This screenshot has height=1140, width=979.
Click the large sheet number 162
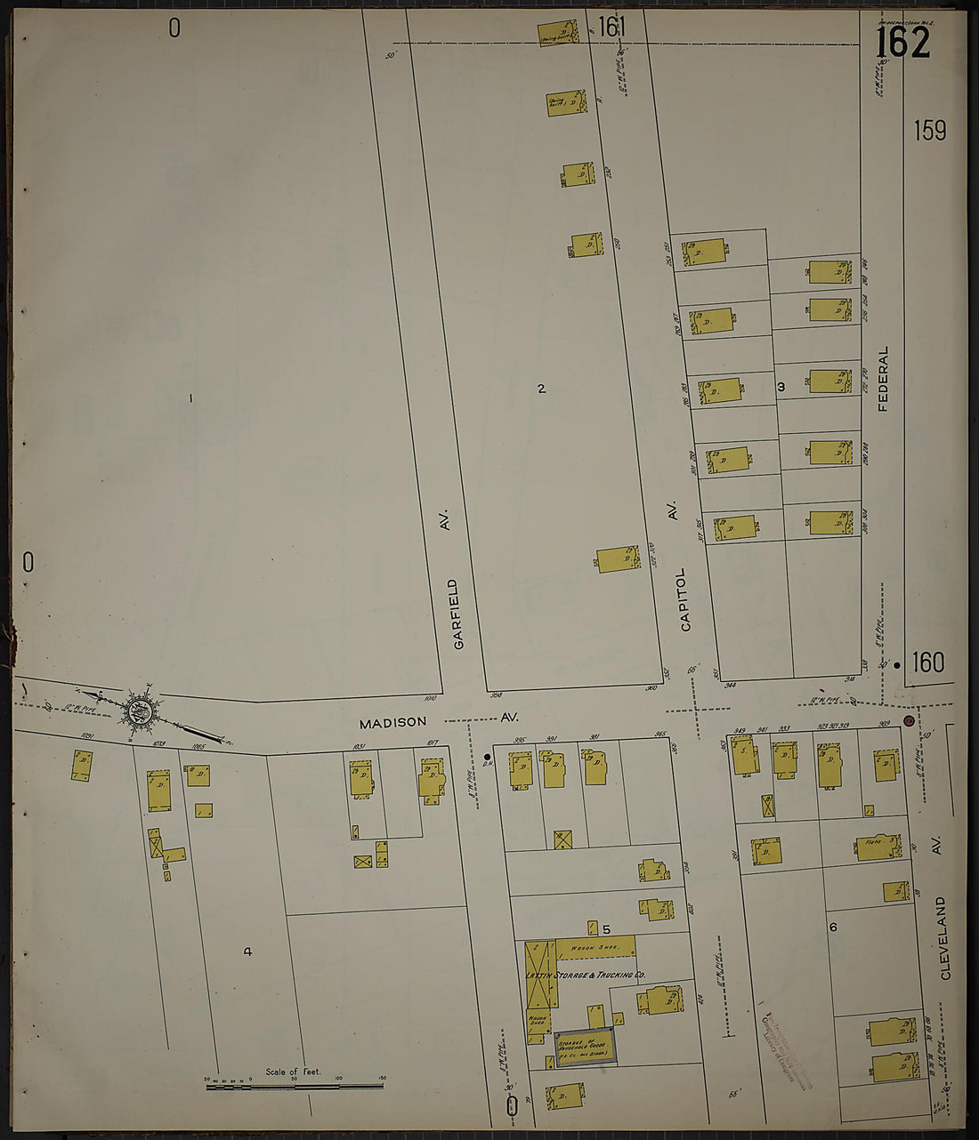point(902,43)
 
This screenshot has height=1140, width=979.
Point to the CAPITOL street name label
point(684,599)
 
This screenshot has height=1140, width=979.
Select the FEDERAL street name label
point(884,379)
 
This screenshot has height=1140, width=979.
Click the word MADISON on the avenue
point(392,722)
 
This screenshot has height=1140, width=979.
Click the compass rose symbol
point(139,710)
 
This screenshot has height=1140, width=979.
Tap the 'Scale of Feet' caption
point(293,1072)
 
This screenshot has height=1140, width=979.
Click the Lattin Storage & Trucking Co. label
point(586,975)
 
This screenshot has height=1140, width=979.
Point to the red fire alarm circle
point(909,721)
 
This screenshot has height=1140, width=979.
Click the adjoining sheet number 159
point(929,131)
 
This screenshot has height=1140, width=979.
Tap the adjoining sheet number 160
point(927,662)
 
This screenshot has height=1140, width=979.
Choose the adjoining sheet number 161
point(612,28)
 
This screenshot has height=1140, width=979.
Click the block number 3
point(781,386)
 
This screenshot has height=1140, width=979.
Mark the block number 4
point(247,951)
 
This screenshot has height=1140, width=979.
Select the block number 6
point(833,927)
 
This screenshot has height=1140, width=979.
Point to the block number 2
point(541,388)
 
